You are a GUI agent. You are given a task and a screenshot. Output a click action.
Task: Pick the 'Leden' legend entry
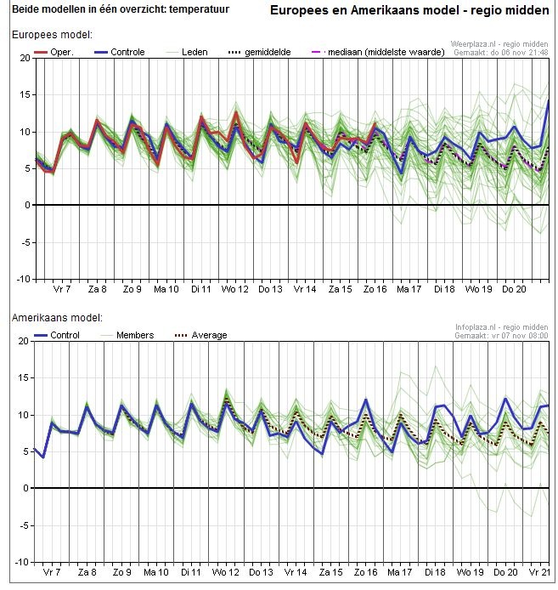coord(194,52)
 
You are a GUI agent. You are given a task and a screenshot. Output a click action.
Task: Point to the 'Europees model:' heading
coord(51,35)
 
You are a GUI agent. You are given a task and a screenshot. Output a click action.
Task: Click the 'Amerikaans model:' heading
coord(56,317)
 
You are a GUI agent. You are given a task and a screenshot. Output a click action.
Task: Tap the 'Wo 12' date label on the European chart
coord(236,289)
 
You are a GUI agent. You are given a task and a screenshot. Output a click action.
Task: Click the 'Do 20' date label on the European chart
coord(513,289)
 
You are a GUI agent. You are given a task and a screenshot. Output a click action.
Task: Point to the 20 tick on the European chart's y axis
coord(25,58)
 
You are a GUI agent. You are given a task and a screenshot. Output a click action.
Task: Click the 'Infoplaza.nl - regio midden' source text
coord(501,326)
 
